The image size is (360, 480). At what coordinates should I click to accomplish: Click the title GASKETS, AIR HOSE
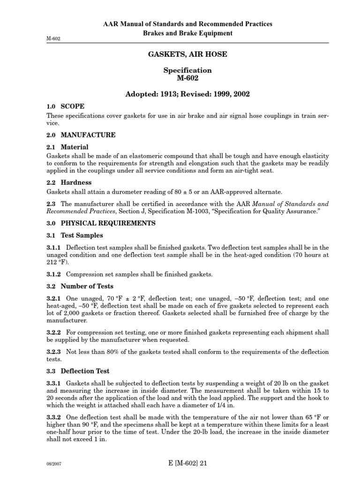pyautogui.click(x=187, y=54)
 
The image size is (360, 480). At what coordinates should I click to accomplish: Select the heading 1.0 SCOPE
pyautogui.click(x=66, y=106)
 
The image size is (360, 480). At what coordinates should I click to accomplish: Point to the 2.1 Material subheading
pyautogui.click(x=67, y=147)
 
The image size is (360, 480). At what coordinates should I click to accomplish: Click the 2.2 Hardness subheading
pyautogui.click(x=69, y=182)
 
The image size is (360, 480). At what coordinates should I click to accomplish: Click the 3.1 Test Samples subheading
pyautogui.click(x=75, y=235)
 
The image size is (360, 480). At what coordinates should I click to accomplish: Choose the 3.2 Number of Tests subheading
pyautogui.click(x=80, y=286)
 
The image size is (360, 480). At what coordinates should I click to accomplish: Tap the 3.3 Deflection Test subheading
pyautogui.click(x=77, y=370)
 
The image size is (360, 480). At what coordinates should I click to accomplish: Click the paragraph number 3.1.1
pyautogui.click(x=55, y=247)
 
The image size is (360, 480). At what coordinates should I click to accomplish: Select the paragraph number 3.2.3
pyautogui.click(x=55, y=352)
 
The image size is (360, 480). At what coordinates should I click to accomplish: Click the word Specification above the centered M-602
pyautogui.click(x=187, y=70)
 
